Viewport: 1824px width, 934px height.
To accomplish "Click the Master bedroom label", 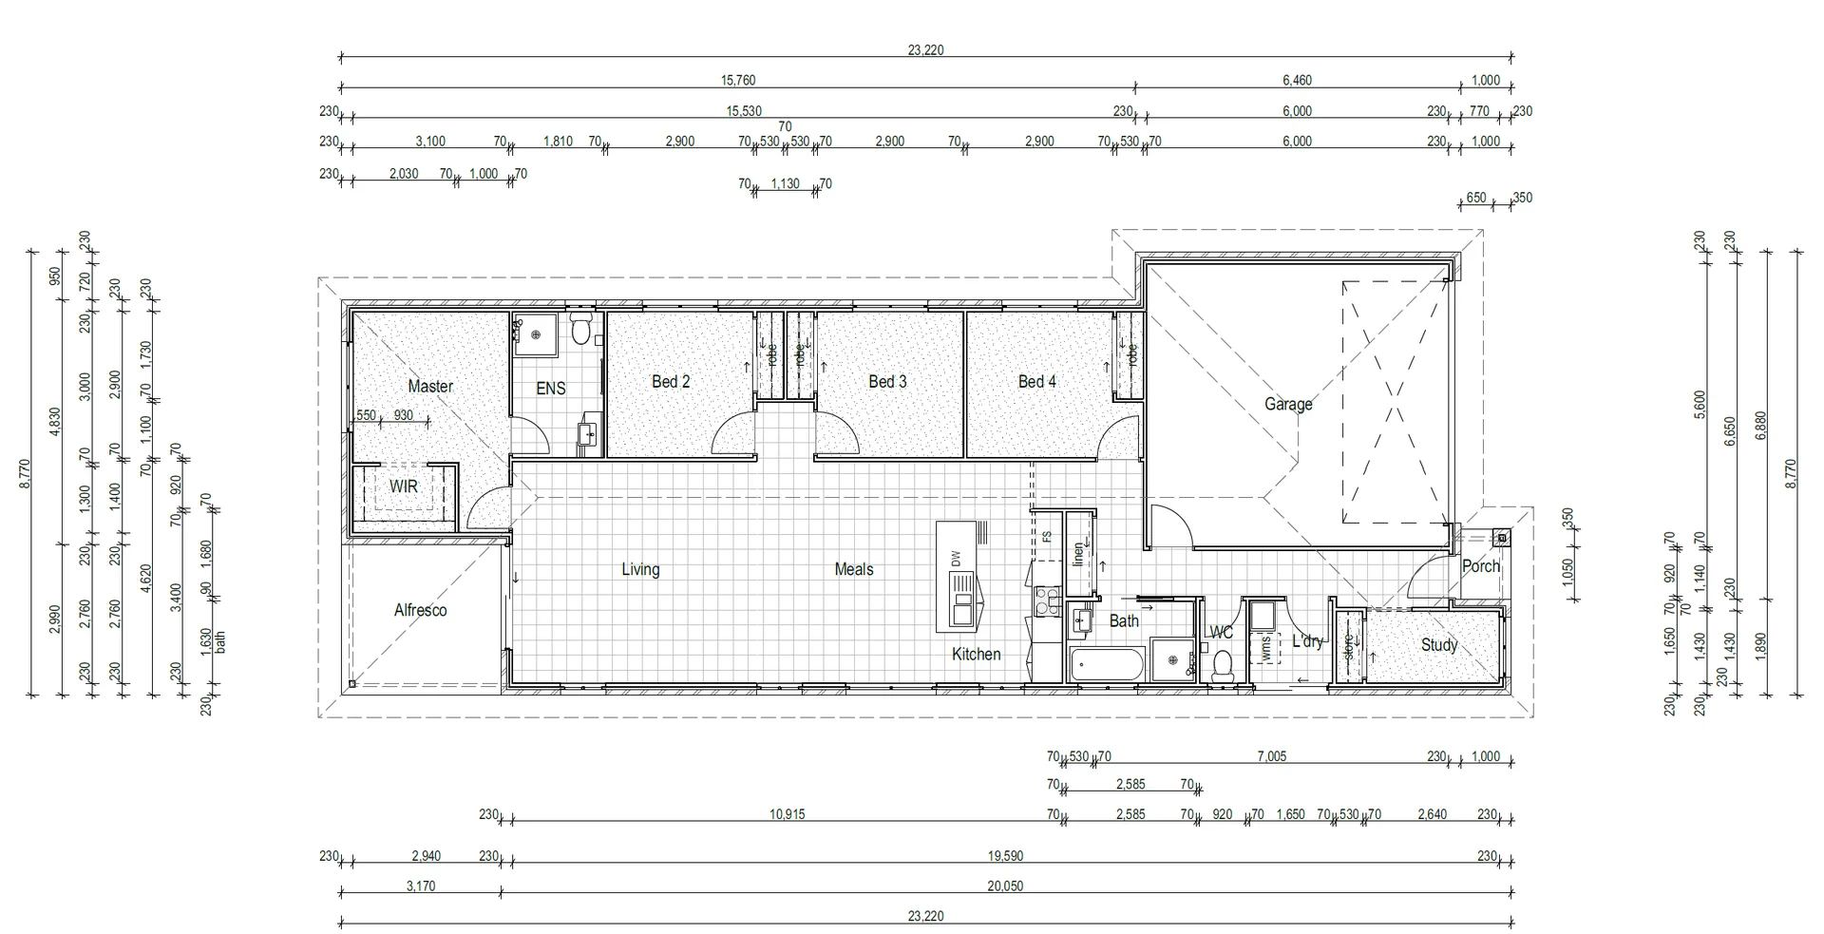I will [x=430, y=387].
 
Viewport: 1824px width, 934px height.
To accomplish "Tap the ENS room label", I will [x=551, y=389].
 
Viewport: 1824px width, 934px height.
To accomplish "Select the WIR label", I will [x=404, y=487].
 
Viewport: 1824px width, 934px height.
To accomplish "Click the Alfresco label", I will [x=420, y=611].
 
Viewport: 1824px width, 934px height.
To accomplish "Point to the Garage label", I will [x=1288, y=405].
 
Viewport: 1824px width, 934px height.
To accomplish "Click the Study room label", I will [x=1438, y=645].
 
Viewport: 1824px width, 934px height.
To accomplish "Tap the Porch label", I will [x=1480, y=566].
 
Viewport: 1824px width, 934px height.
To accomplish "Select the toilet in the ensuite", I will [x=582, y=331].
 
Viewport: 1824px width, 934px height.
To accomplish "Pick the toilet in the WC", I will [x=1223, y=665].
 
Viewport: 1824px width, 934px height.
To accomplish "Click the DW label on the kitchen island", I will [x=957, y=559].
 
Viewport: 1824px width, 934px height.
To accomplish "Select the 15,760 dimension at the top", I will [x=738, y=81].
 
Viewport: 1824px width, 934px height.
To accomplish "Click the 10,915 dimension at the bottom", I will [x=787, y=815].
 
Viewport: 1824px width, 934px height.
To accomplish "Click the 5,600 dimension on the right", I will [x=1700, y=405].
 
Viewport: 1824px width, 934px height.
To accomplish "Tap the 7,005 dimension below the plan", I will [x=1271, y=757].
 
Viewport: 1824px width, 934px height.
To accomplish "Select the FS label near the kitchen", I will [x=1047, y=537].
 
